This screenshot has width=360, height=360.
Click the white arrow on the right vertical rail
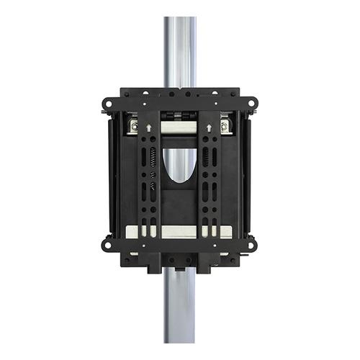209,128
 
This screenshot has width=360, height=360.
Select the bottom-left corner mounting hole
107,245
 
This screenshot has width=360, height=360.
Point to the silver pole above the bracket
179,50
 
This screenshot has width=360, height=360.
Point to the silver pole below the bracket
179,310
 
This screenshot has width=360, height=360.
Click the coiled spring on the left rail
152,157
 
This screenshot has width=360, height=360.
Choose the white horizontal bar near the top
179,128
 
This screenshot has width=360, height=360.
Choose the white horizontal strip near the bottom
179,232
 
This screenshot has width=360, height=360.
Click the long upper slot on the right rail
206,157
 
